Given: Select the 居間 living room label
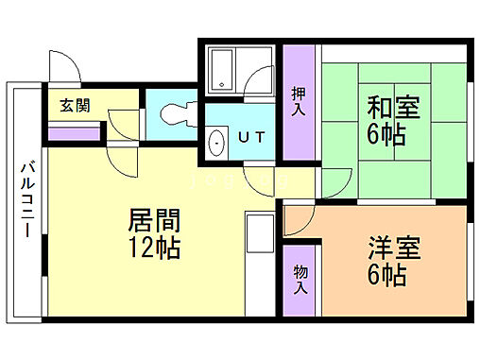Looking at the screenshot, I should click(155, 224).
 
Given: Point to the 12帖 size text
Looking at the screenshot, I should click(155, 250).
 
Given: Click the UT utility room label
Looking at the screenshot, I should click(250, 138).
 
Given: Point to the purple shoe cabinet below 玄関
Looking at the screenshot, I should click(73, 133).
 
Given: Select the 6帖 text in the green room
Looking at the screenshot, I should click(387, 135).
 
